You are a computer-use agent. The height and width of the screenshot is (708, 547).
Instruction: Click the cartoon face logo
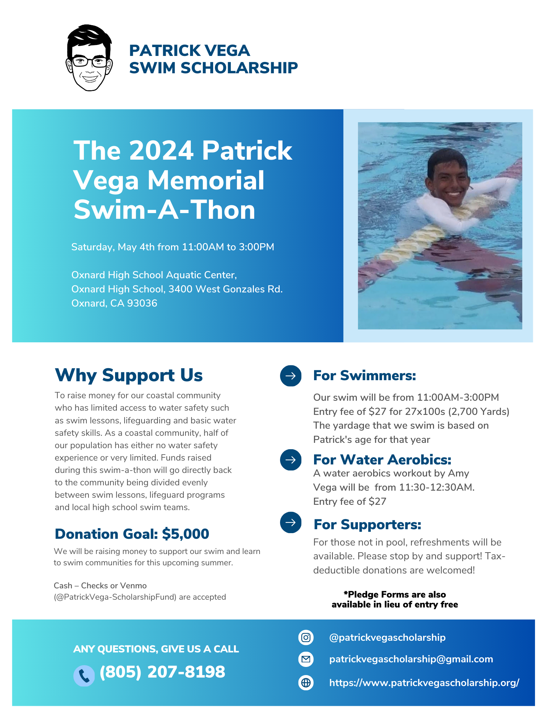[x=89, y=58]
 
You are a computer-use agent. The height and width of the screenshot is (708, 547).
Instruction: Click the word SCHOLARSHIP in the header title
[x=239, y=68]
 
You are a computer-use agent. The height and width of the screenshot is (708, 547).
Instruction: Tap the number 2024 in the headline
[x=161, y=150]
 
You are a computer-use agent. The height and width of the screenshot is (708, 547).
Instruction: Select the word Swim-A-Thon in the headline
[x=164, y=210]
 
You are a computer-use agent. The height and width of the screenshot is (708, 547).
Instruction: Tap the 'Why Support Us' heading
[x=129, y=375]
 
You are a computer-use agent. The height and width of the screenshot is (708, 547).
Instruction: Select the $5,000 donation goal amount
[x=186, y=534]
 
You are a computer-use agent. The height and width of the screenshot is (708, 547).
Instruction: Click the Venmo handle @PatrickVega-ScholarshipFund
[x=115, y=597]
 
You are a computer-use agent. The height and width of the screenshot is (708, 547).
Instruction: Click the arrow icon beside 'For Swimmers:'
[x=291, y=376]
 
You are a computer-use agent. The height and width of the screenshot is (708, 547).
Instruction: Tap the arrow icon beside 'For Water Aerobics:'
[x=291, y=460]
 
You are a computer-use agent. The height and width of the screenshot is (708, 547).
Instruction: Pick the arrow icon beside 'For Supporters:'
[x=291, y=523]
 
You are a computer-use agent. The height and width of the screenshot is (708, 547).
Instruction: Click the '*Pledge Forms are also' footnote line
[x=395, y=594]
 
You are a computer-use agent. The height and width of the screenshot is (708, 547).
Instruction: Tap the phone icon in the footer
[x=84, y=676]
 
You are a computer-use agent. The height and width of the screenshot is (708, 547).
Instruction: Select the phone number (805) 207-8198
[x=162, y=672]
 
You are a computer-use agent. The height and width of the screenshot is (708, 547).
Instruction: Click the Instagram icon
[x=306, y=638]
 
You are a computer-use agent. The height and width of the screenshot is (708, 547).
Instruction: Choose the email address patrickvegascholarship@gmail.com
[x=411, y=659]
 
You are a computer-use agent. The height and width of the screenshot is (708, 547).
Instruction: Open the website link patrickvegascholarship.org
[x=424, y=683]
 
